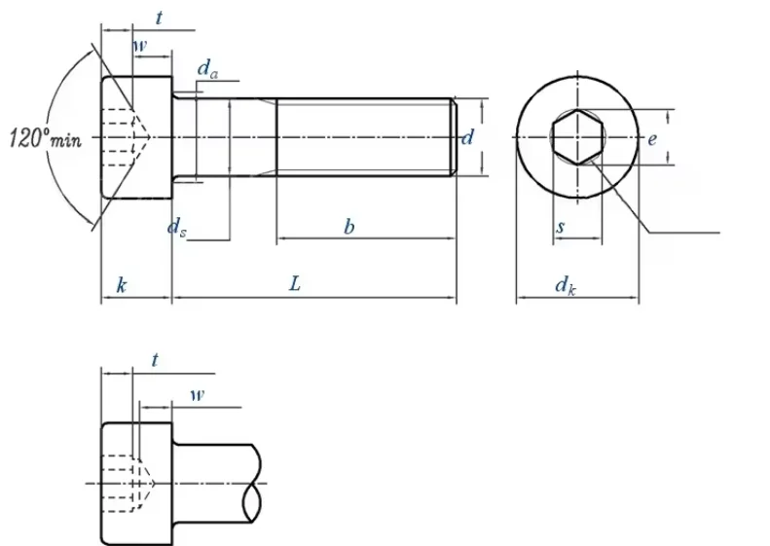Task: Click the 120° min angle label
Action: pos(45,137)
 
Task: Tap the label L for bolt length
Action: pos(294,284)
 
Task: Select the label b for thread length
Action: pos(348,227)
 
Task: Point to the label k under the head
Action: pos(122,285)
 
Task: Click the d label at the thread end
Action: pos(467,137)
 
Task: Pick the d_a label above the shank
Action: pos(207,69)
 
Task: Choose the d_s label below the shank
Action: pos(177,228)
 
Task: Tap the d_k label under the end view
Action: pos(566,286)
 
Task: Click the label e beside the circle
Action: pos(651,139)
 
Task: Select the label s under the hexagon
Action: pos(561,227)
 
